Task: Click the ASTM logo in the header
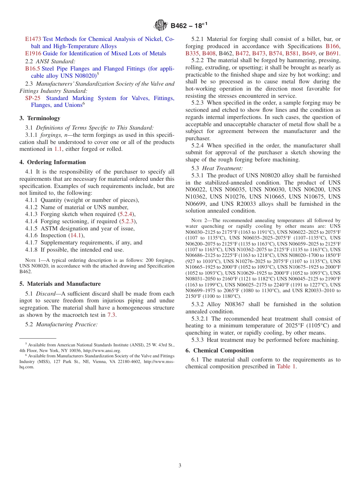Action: click(x=161, y=26)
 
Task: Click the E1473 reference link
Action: click(x=33, y=39)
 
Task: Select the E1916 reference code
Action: click(x=33, y=53)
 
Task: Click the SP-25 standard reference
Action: click(x=33, y=98)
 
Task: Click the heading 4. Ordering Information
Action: click(x=53, y=162)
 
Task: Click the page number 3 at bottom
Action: click(x=180, y=466)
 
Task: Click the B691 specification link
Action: click(x=332, y=53)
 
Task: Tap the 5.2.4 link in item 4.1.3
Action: click(x=126, y=214)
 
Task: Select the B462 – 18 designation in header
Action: click(x=188, y=26)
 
